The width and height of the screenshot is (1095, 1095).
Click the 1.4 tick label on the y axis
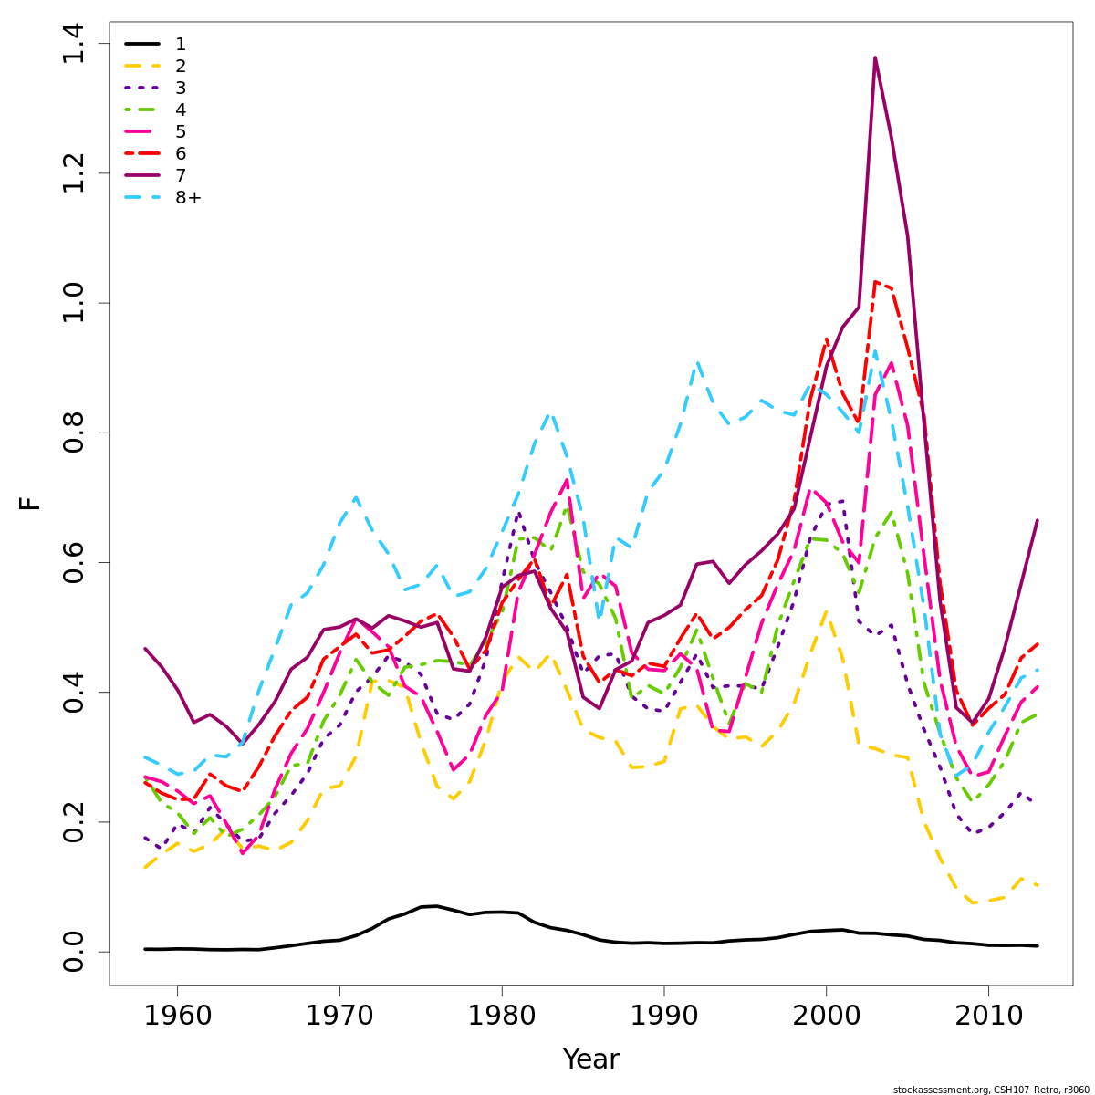click(73, 44)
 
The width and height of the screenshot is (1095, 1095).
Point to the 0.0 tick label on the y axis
click(73, 952)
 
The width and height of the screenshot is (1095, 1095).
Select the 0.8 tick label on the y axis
click(73, 433)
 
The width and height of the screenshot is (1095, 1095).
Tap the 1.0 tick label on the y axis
click(73, 303)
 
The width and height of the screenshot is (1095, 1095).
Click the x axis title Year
click(590, 1059)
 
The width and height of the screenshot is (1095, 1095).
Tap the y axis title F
click(31, 503)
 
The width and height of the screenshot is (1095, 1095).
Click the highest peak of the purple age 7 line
click(875, 57)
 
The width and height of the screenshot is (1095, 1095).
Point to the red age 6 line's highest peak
click(875, 282)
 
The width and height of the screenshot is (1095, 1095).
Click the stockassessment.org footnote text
click(991, 1090)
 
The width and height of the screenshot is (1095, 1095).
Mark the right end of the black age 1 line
click(1038, 946)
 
